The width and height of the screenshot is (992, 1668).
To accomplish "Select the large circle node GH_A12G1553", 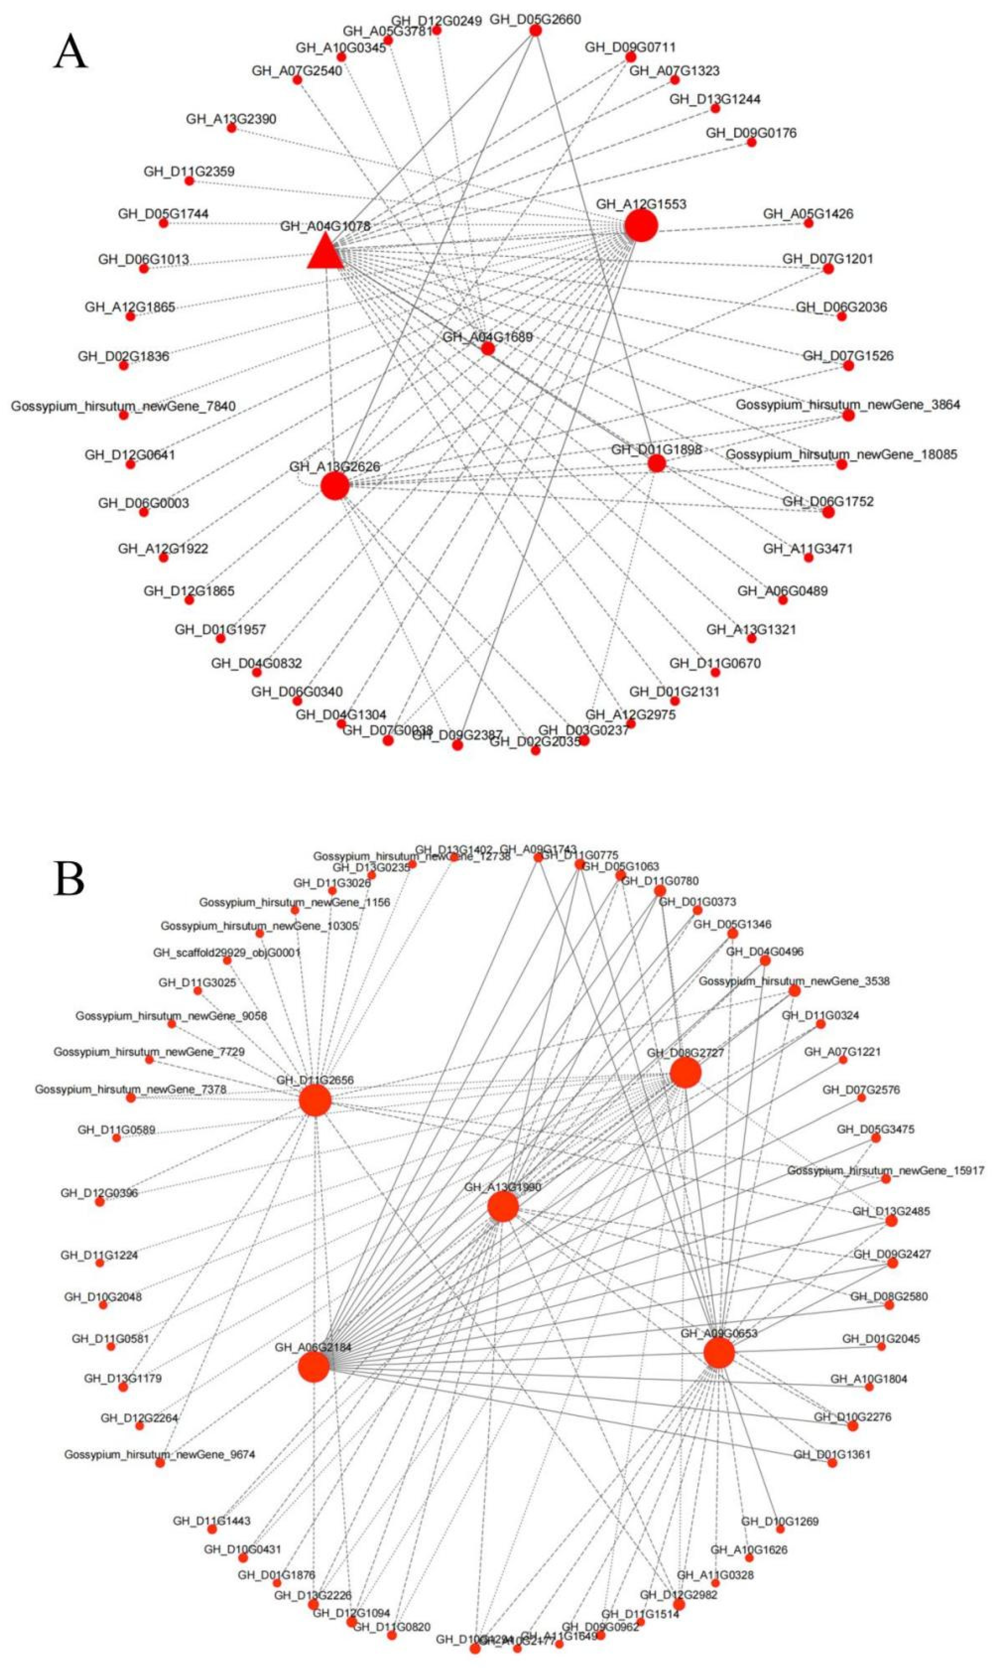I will coord(641,226).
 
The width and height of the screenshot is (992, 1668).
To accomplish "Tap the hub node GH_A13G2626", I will coord(335,486).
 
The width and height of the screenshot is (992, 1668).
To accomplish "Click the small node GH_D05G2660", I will coord(535,30).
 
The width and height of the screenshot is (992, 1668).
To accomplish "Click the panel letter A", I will coord(70,52).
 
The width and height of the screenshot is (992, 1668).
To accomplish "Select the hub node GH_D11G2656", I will coord(315,1100).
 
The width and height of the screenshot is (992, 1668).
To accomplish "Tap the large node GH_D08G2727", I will coord(685,1073).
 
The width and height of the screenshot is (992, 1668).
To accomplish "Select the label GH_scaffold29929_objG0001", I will coord(227,952).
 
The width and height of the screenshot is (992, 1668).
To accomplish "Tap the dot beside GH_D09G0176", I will coord(751,142).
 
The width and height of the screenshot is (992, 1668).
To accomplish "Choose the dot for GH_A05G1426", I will coord(808,223).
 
